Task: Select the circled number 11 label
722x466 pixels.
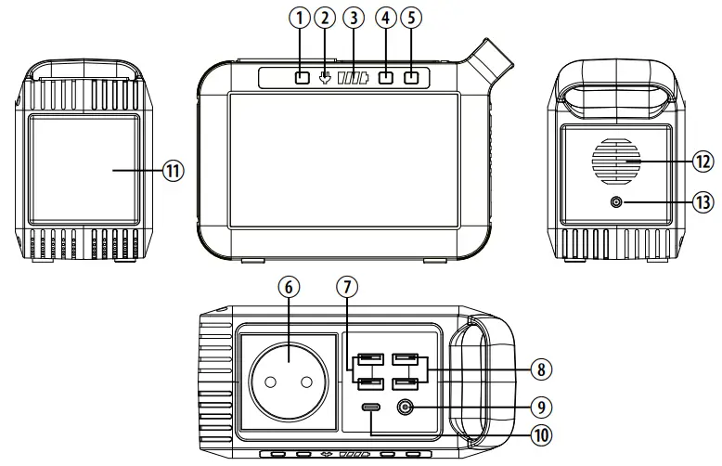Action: pyautogui.click(x=173, y=171)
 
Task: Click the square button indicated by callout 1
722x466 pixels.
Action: pyautogui.click(x=301, y=78)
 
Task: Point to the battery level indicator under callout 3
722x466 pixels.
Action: pyautogui.click(x=354, y=79)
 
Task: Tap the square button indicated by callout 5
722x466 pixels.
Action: pyautogui.click(x=411, y=78)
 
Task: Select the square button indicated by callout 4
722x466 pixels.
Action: pyautogui.click(x=385, y=78)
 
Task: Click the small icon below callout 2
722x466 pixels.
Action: pyautogui.click(x=325, y=78)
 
